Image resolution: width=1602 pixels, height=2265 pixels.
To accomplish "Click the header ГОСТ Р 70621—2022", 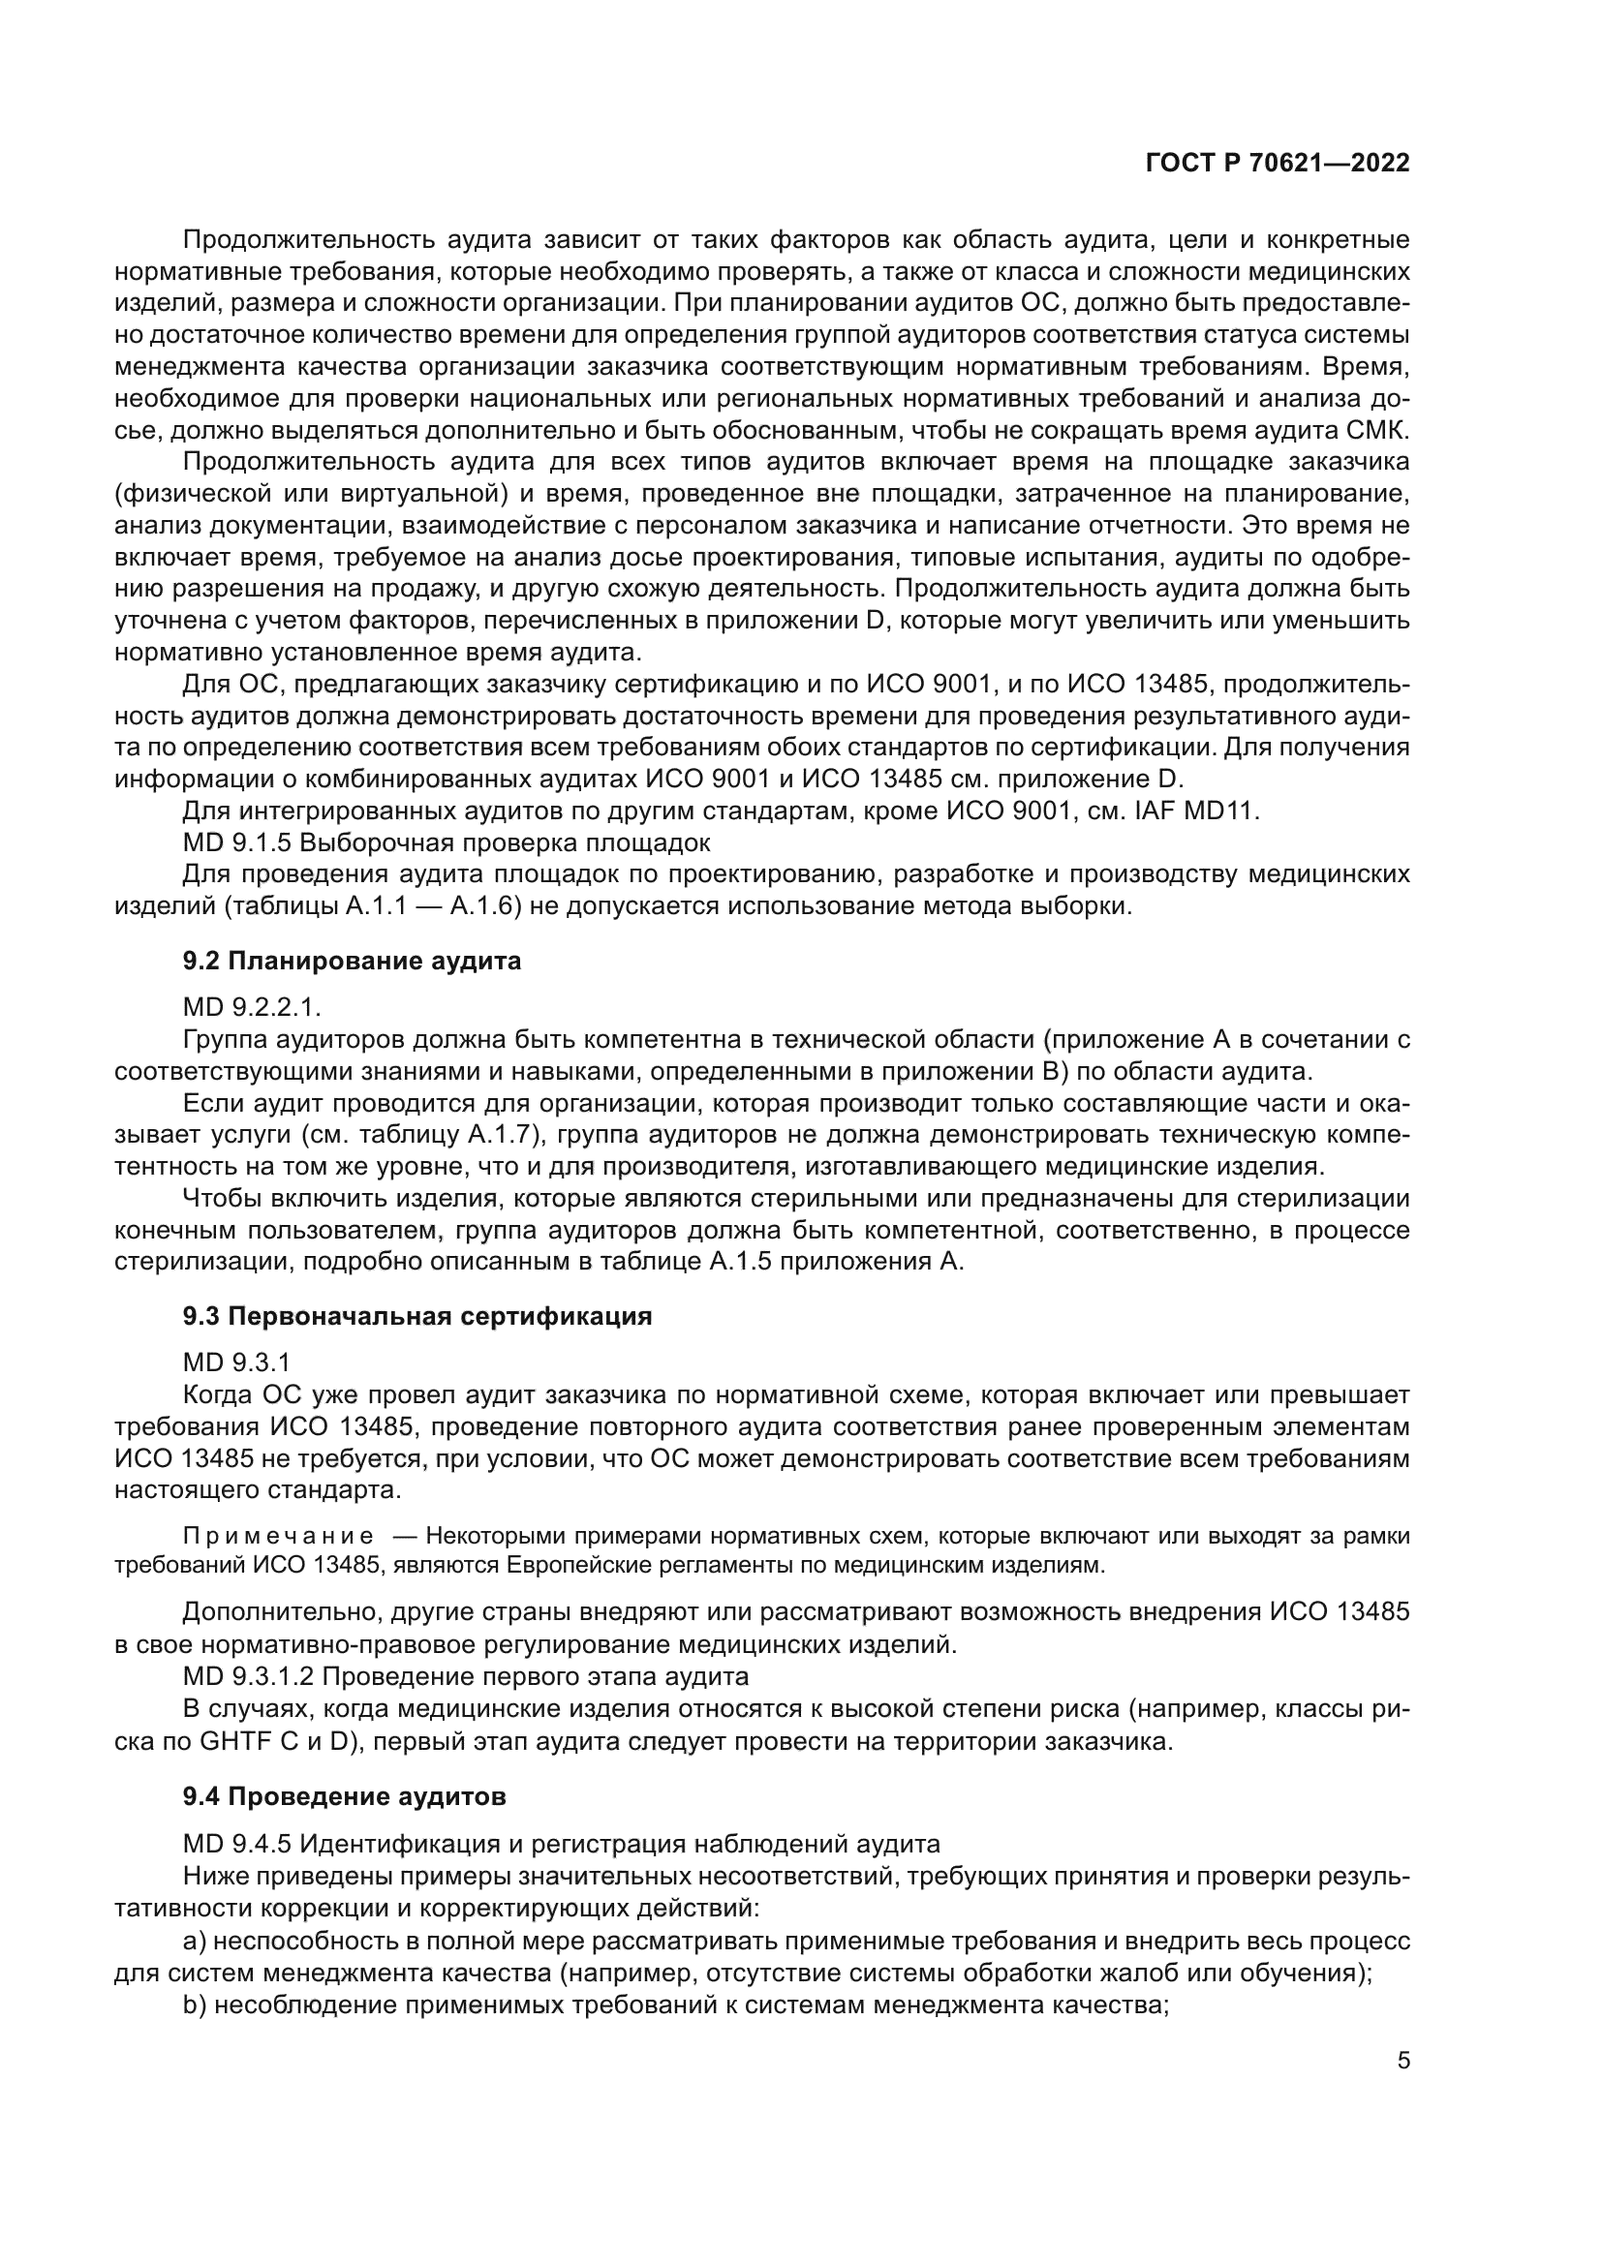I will pyautogui.click(x=1277, y=164).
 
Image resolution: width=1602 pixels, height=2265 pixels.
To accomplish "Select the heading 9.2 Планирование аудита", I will pyautogui.click(x=352, y=961).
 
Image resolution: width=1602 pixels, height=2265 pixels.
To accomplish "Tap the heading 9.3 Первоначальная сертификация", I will pyautogui.click(x=417, y=1317).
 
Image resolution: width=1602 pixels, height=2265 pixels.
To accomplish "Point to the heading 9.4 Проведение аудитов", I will pyautogui.click(x=344, y=1795).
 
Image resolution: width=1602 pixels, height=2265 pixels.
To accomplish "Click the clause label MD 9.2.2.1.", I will pyautogui.click(x=253, y=1008).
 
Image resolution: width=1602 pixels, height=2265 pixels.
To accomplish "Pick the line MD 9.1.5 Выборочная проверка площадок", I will pyautogui.click(x=446, y=843).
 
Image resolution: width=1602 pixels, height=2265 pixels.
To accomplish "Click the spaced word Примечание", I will pyautogui.click(x=278, y=1536).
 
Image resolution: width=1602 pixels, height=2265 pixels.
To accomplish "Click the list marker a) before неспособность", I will pyautogui.click(x=194, y=1939).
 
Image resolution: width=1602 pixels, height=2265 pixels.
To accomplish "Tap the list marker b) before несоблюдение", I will pyautogui.click(x=194, y=2003).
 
